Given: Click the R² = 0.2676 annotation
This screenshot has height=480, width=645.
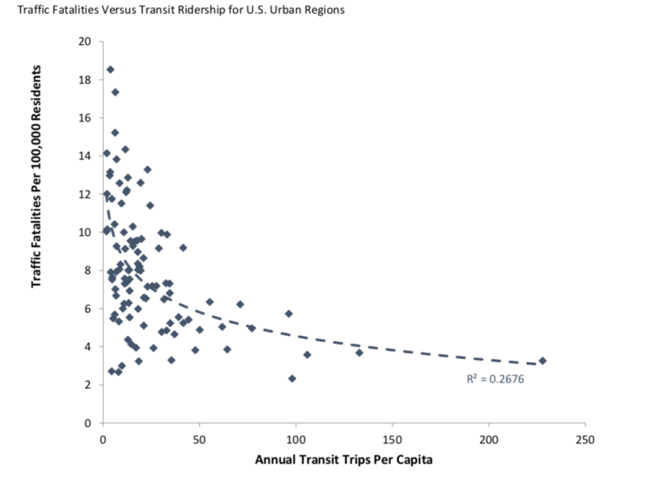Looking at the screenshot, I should click(495, 378).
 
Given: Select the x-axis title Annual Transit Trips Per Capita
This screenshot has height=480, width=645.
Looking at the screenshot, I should click(343, 461).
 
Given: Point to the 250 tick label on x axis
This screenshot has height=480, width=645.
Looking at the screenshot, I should click(585, 440).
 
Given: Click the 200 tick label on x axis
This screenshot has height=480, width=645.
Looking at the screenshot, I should click(489, 440).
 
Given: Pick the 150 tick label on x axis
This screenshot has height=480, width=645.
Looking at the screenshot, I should click(392, 440).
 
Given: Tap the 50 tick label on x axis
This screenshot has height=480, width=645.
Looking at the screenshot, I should click(199, 440).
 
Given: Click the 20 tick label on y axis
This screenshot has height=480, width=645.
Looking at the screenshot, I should click(85, 41).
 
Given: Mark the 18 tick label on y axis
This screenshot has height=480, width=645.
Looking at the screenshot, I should click(85, 80).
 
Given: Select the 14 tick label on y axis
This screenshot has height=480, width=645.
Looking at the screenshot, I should click(85, 156).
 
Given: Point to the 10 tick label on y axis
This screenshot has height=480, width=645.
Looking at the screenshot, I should click(85, 232).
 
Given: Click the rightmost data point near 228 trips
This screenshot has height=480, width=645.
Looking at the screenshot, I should click(543, 361).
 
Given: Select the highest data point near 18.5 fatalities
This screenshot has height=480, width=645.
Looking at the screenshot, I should click(110, 69).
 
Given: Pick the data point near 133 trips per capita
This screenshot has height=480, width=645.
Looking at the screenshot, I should click(359, 352).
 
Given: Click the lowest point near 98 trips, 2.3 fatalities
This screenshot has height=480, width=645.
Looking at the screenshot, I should click(292, 379).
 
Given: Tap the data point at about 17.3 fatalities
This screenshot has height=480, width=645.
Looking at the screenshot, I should click(115, 92).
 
